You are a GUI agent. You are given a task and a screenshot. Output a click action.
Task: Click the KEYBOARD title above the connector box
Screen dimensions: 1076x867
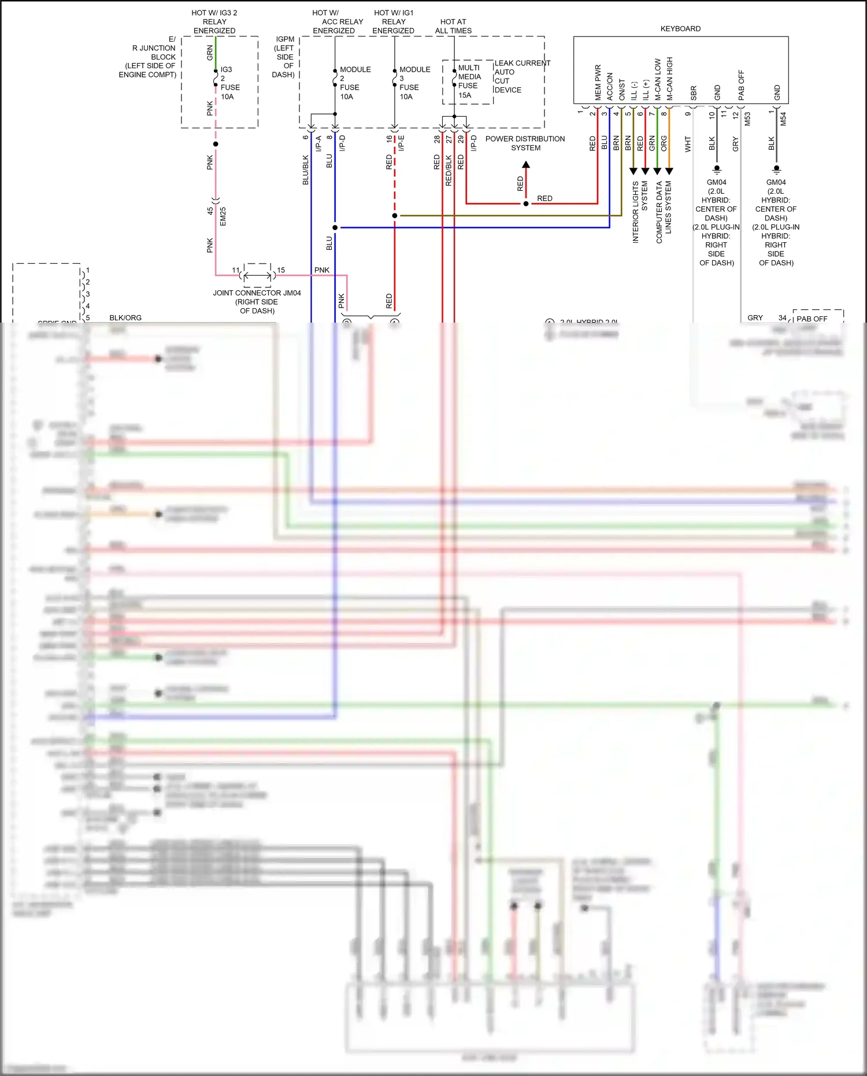point(680,29)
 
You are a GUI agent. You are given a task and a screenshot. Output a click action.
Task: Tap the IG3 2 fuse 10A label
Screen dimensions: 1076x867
point(229,83)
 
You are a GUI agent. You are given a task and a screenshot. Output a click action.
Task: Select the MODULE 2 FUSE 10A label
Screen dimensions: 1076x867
point(354,83)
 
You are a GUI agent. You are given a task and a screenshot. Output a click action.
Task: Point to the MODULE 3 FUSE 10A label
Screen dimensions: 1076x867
point(414,83)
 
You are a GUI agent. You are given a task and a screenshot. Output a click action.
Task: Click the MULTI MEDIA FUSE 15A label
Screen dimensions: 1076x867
point(469,82)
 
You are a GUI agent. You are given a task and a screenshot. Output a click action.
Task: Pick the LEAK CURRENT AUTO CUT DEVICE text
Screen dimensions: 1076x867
point(521,76)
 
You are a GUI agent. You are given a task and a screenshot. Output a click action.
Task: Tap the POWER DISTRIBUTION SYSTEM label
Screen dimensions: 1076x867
point(525,143)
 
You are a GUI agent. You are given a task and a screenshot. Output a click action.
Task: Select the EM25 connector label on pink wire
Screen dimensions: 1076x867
point(223,216)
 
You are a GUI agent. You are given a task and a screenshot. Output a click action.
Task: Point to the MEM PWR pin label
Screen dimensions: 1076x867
point(598,82)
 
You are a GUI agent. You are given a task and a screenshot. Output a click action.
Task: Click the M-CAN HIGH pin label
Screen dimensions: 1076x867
point(670,79)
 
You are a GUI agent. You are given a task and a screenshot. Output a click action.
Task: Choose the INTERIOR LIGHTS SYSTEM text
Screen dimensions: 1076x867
point(639,211)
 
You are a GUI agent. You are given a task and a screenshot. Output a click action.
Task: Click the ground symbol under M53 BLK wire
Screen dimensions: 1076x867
point(717,170)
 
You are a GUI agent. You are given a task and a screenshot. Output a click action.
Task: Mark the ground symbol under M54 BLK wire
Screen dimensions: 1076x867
point(776,170)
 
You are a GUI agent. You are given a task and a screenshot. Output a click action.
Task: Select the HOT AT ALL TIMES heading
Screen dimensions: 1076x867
point(453,26)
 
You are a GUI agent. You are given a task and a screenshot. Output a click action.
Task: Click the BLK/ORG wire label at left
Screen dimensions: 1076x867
point(125,317)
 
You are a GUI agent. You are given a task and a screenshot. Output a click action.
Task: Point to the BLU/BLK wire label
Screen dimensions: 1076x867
point(305,169)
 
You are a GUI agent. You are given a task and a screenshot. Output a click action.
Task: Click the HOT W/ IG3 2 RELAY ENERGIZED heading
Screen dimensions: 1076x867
point(214,21)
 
